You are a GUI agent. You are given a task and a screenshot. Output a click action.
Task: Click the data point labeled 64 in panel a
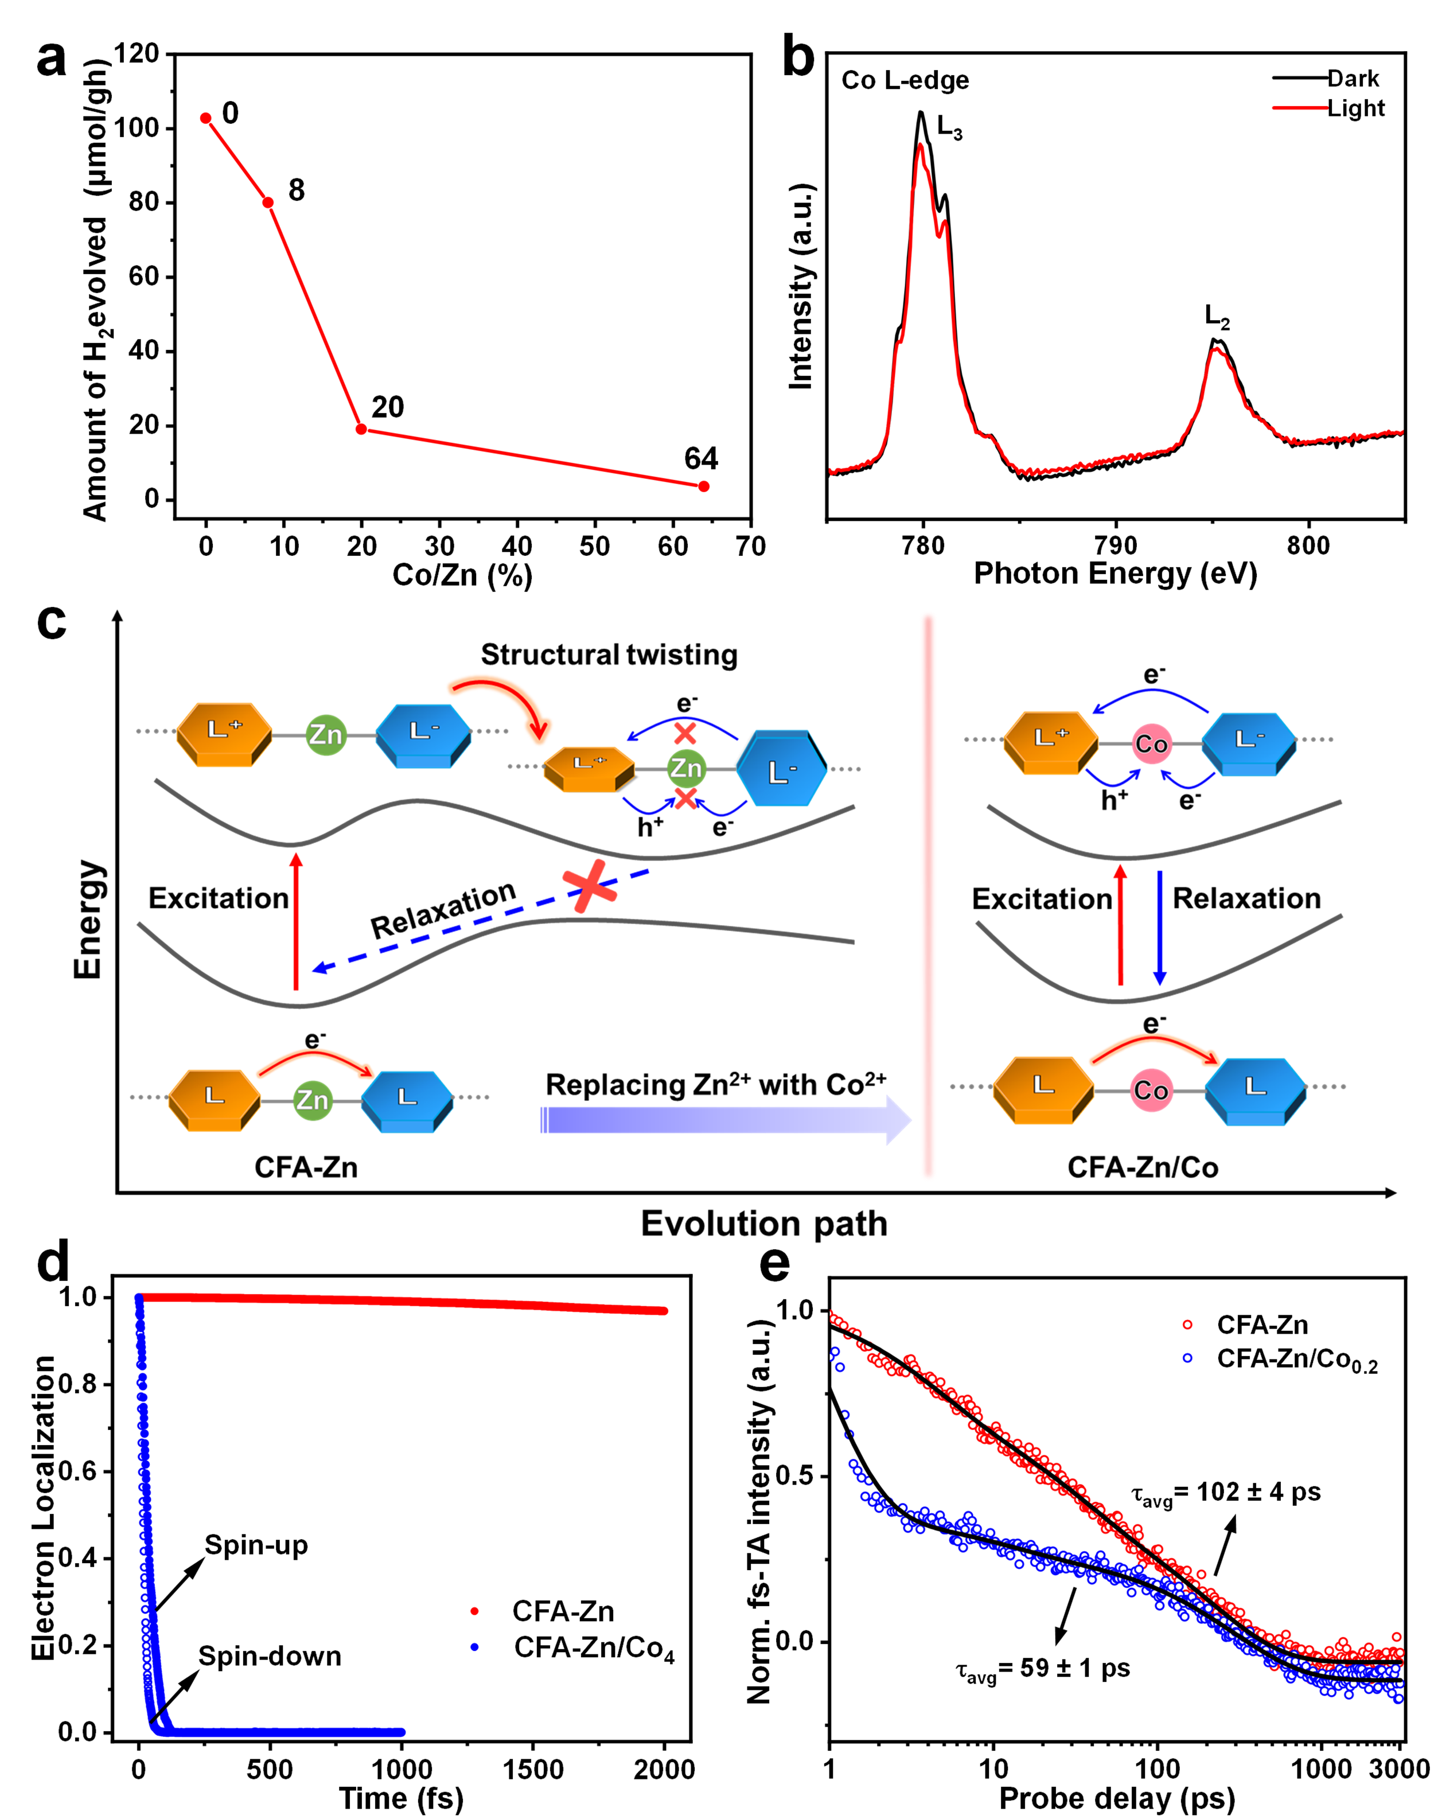[x=704, y=486]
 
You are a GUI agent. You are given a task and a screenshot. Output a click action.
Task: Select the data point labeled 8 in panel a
[x=268, y=202]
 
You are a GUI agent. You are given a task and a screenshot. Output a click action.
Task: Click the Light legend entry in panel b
[x=1355, y=108]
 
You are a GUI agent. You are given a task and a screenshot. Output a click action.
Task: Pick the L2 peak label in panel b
[x=1217, y=317]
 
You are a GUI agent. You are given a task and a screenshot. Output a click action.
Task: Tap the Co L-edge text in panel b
[x=905, y=80]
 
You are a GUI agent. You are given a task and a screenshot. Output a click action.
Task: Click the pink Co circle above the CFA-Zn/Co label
[x=1151, y=1090]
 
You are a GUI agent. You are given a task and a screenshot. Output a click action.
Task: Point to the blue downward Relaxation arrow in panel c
[x=1159, y=928]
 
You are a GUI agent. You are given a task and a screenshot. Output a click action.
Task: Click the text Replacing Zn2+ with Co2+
[x=715, y=1085]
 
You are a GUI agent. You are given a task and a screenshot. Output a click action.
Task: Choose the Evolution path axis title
[x=764, y=1224]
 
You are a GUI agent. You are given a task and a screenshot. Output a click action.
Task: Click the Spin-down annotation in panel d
[x=270, y=1656]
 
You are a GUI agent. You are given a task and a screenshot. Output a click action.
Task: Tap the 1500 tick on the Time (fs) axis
[x=533, y=1770]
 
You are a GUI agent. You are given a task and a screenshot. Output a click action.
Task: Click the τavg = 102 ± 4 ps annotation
[x=1226, y=1493]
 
